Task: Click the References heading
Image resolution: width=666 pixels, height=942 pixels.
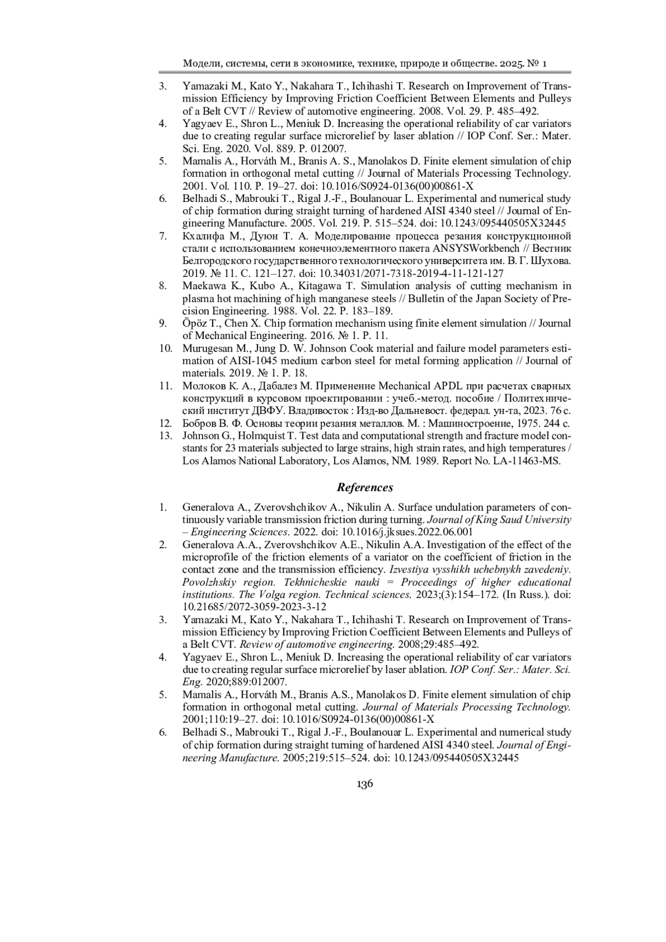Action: (365, 488)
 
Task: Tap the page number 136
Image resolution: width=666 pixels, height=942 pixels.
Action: (365, 784)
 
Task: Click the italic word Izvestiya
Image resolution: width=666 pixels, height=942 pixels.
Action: (410, 570)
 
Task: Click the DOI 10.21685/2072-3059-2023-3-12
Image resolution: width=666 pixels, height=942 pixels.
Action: (254, 606)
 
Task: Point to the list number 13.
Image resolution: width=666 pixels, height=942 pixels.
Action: (165, 436)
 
